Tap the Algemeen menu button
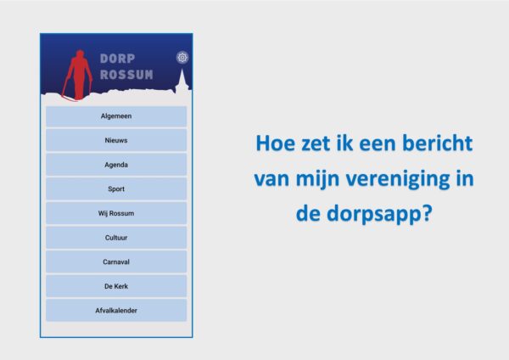click(116, 116)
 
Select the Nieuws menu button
click(116, 140)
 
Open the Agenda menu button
click(116, 165)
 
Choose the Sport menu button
click(116, 188)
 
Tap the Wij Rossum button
click(116, 213)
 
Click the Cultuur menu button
click(116, 238)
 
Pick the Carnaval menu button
click(116, 262)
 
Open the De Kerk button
click(116, 286)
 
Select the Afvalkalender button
click(116, 311)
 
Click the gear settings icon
click(182, 58)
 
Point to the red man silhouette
click(78, 76)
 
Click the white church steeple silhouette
click(182, 82)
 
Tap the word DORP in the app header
click(117, 59)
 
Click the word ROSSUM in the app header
click(126, 75)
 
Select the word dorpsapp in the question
click(375, 215)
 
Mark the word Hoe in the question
click(276, 143)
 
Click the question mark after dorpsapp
click(428, 213)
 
